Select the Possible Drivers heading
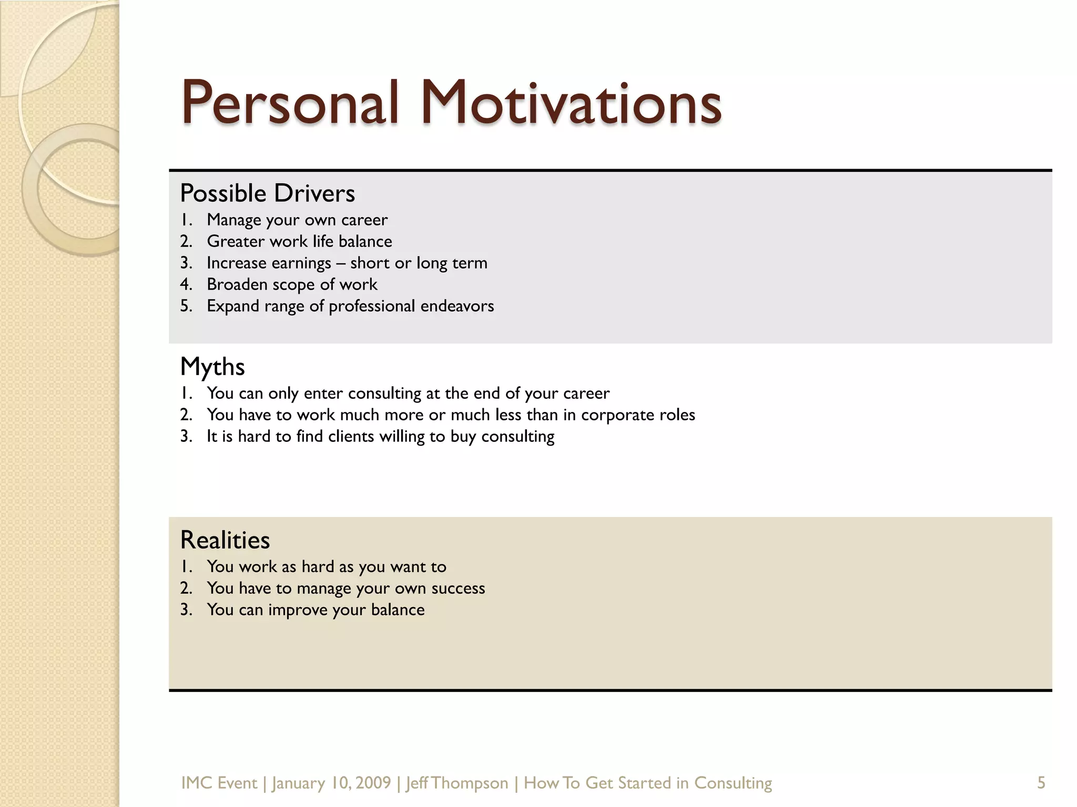click(267, 193)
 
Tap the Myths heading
click(212, 367)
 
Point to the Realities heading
click(225, 540)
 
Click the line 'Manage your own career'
click(297, 220)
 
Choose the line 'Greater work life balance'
click(299, 241)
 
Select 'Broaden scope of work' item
click(292, 284)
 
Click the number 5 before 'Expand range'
click(186, 306)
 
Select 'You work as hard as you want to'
click(326, 566)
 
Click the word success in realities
click(458, 588)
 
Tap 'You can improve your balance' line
click(316, 610)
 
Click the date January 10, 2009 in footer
click(331, 783)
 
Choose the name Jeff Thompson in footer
click(457, 783)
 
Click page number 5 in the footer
click(1041, 783)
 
